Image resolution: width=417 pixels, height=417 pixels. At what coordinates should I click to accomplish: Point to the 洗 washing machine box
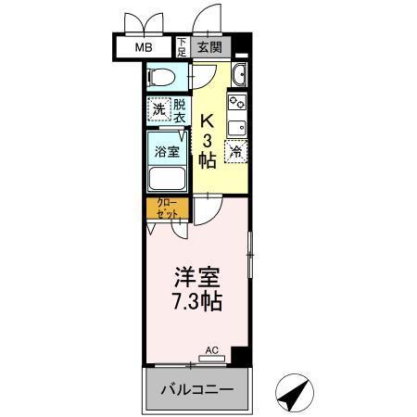158,109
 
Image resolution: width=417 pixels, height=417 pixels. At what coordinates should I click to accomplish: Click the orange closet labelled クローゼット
167,208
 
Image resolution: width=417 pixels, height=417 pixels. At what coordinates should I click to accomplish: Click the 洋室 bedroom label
197,277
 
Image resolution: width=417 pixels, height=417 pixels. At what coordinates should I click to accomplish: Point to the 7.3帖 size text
196,300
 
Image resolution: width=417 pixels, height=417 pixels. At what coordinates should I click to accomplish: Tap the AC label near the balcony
211,350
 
